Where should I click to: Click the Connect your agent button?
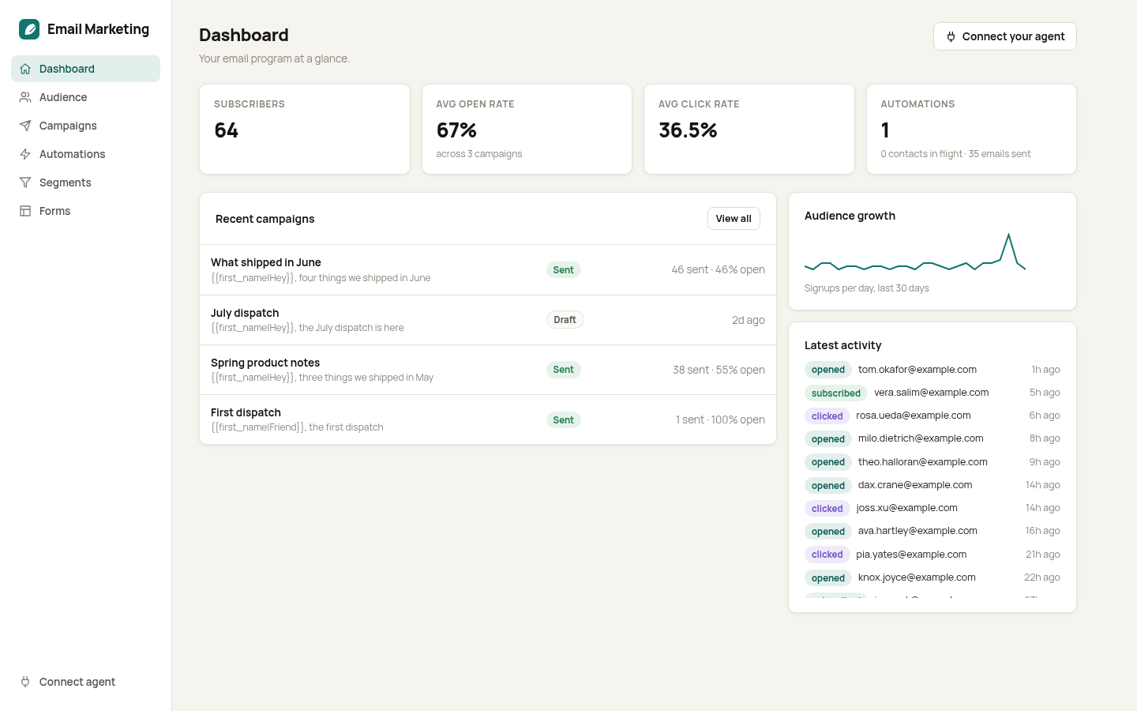click(1004, 36)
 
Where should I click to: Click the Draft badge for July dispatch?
click(565, 319)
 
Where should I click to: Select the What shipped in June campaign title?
click(266, 262)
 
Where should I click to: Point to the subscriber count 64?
click(227, 130)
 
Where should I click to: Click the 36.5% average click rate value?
click(688, 130)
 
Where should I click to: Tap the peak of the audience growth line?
click(1008, 234)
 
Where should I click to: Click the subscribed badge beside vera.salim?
click(835, 393)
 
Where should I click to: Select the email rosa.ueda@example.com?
click(913, 416)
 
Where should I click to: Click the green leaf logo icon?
click(29, 29)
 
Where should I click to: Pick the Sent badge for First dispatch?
click(564, 419)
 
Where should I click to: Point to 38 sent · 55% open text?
click(719, 370)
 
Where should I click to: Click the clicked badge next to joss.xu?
click(827, 509)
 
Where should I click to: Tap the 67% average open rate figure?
click(456, 130)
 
